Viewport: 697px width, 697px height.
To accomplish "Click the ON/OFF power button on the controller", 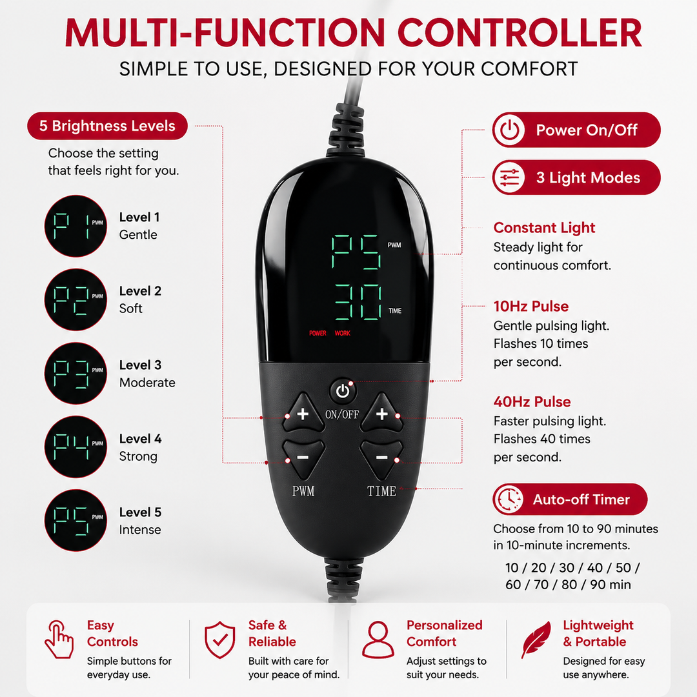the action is [x=342, y=391].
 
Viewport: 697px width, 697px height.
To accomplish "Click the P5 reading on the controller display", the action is [x=356, y=252].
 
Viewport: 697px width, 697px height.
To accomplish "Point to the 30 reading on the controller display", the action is [x=358, y=302].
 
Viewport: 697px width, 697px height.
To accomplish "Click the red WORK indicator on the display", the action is [x=342, y=333].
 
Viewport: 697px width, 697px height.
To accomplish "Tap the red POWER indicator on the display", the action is [x=318, y=333].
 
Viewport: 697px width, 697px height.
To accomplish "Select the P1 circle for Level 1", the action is [x=76, y=226].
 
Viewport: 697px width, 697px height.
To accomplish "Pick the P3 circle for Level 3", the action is [x=76, y=374].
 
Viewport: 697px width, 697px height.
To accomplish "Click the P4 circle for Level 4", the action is [x=76, y=447].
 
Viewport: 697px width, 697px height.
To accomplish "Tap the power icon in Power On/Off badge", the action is [x=509, y=130].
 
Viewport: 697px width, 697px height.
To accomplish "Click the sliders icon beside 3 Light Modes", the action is [x=509, y=177].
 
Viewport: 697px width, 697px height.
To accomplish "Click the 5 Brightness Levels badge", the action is [x=107, y=126].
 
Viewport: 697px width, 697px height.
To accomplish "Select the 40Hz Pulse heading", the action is [x=532, y=401].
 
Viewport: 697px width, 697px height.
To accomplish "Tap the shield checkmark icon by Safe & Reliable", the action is [x=219, y=640].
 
